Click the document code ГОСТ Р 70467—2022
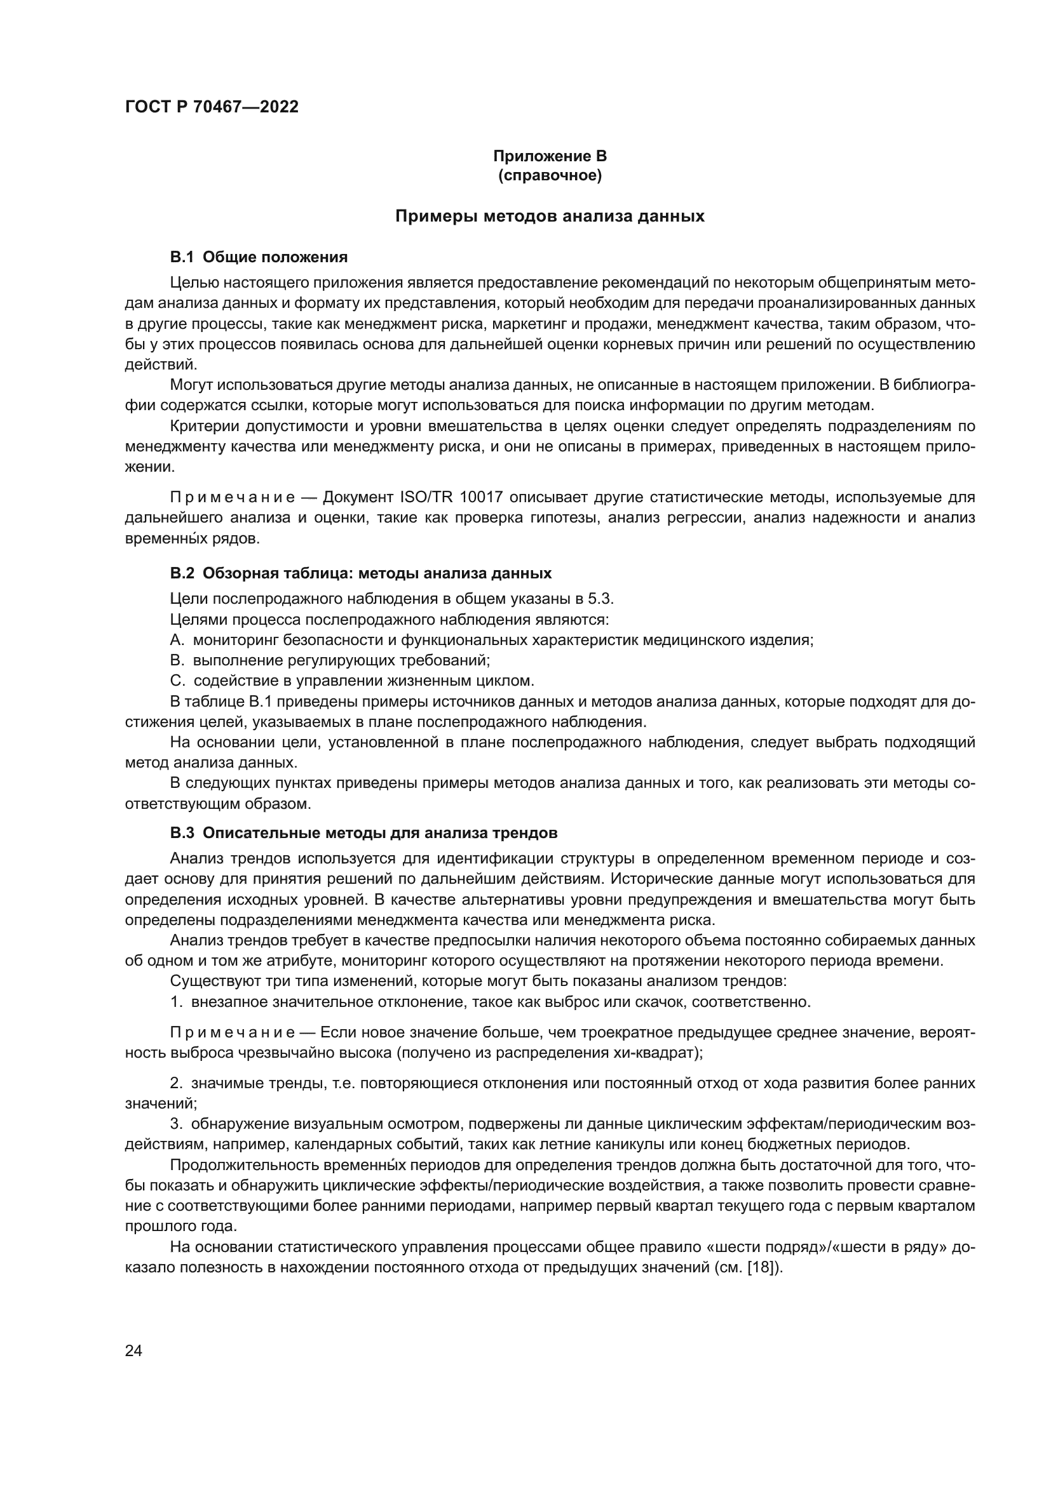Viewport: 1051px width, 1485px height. pyautogui.click(x=212, y=107)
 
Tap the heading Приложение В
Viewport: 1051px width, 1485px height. pyautogui.click(x=550, y=156)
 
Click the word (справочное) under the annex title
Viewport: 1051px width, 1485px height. pyautogui.click(x=550, y=176)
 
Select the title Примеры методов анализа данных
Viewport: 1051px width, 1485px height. pyautogui.click(x=550, y=216)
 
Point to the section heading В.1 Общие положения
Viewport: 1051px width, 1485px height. pyautogui.click(x=258, y=257)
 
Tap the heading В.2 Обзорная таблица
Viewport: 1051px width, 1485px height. pyautogui.click(x=360, y=573)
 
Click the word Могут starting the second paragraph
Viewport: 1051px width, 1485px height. pyautogui.click(x=191, y=385)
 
